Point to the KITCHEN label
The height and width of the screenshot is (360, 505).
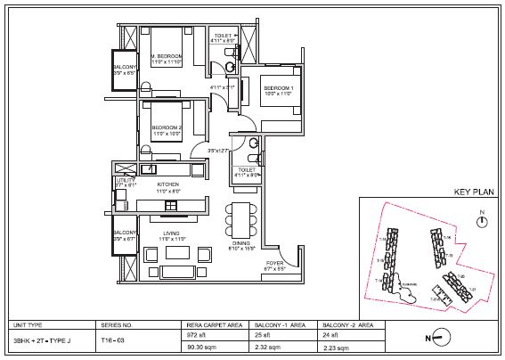coord(168,184)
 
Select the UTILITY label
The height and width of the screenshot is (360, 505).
coord(124,180)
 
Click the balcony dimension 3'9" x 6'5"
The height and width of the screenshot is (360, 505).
coord(124,72)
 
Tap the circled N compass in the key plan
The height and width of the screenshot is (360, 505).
coord(480,223)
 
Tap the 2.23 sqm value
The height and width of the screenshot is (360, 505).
coord(333,349)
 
